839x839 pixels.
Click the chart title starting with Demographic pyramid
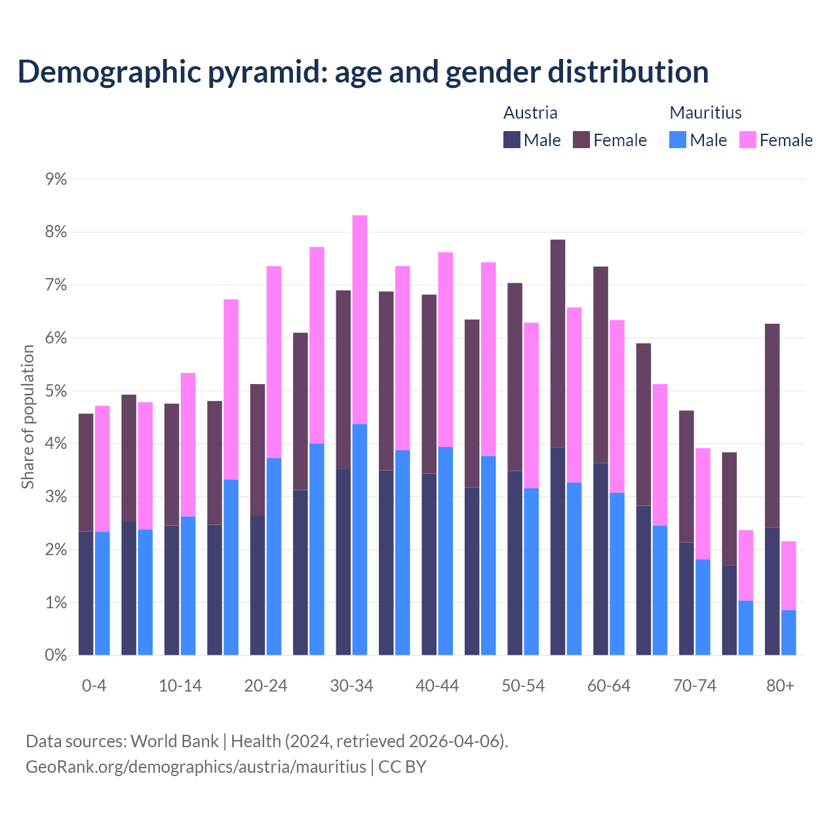[x=363, y=71]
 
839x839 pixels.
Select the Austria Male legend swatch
[x=511, y=140]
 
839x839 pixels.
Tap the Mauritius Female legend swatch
[x=747, y=140]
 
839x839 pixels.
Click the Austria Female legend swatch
[x=581, y=140]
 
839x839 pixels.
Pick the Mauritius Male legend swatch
[x=678, y=140]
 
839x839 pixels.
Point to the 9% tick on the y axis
[x=56, y=179]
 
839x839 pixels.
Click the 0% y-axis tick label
[x=56, y=655]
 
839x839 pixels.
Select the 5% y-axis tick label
[x=56, y=391]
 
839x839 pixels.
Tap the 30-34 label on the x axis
[x=351, y=686]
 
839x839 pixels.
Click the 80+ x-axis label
[x=780, y=686]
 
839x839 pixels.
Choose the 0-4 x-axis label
[x=94, y=686]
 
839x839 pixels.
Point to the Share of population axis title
[x=28, y=417]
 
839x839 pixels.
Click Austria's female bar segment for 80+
[x=772, y=426]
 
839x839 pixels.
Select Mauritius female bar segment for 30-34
[x=360, y=319]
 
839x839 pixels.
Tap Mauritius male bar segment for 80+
[x=789, y=633]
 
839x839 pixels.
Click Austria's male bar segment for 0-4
[x=86, y=593]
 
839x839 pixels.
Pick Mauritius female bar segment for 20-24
[x=274, y=362]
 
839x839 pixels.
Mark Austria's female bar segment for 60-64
[x=600, y=364]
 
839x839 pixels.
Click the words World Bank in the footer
[x=174, y=741]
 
